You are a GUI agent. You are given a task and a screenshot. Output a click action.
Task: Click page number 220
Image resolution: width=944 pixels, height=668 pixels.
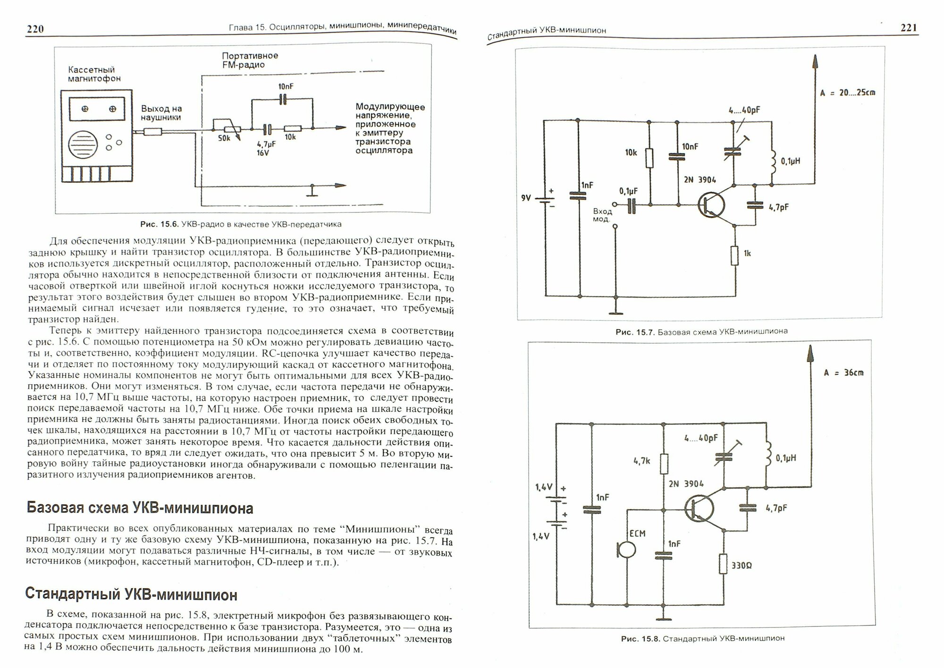[35, 29]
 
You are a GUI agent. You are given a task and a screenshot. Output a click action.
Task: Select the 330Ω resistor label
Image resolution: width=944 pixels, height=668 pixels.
[742, 566]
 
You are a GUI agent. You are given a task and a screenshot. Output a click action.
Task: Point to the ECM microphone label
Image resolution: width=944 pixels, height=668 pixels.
[637, 534]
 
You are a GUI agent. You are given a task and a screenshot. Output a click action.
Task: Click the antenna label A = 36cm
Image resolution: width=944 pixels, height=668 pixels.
[843, 373]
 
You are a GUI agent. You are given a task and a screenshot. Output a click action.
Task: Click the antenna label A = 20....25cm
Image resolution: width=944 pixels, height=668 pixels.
[847, 93]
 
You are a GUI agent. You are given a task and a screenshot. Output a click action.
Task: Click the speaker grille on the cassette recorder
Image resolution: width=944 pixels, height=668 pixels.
[86, 145]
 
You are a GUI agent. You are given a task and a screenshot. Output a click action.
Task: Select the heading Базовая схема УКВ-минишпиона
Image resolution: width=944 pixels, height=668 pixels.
[140, 508]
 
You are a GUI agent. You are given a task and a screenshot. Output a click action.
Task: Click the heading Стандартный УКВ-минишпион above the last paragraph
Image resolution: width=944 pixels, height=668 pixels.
[131, 595]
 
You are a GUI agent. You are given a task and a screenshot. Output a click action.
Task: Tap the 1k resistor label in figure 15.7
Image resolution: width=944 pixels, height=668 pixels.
[747, 254]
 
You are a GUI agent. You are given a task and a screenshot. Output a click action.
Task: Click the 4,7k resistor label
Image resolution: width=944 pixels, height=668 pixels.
[642, 460]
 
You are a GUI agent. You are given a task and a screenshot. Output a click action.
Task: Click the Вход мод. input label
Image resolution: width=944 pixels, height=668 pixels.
[602, 215]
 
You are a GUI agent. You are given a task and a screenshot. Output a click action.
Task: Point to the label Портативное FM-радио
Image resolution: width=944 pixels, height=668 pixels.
[250, 60]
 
